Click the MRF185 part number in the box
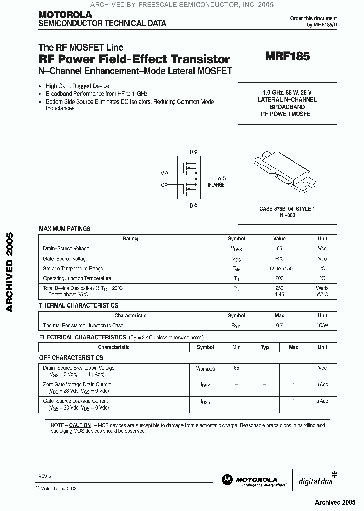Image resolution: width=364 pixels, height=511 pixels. tap(288, 57)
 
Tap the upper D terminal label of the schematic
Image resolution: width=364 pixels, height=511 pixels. tap(191, 152)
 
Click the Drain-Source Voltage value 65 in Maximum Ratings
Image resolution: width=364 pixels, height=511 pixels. tap(279, 249)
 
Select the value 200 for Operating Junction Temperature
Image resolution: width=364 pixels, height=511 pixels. tap(279, 278)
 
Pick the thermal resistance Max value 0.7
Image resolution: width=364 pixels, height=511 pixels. tap(279, 326)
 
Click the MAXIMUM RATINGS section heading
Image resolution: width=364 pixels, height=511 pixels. tap(65, 229)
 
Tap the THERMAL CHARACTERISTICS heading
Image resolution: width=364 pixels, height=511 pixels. tap(78, 305)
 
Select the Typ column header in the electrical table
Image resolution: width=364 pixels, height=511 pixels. tap(265, 347)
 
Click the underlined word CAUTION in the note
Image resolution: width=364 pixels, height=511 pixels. tap(80, 426)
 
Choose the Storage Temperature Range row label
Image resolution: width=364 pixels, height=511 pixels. tap(73, 269)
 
